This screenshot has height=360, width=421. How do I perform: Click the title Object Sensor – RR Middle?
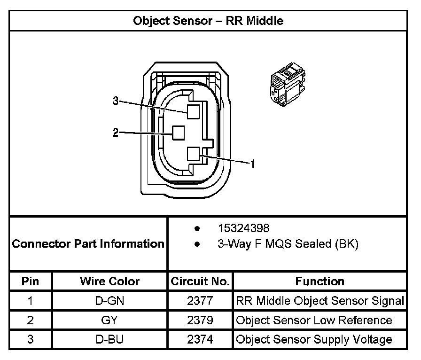pyautogui.click(x=208, y=21)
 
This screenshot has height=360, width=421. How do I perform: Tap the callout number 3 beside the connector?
pyautogui.click(x=116, y=101)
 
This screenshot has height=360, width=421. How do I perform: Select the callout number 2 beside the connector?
pyautogui.click(x=116, y=133)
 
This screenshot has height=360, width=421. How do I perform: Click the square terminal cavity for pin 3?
pyautogui.click(x=193, y=111)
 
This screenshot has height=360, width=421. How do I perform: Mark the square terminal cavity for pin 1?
pyautogui.click(x=193, y=154)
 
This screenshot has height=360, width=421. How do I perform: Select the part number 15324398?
pyautogui.click(x=243, y=228)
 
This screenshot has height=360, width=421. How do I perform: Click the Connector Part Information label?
pyautogui.click(x=88, y=244)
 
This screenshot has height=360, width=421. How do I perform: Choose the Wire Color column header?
pyautogui.click(x=109, y=282)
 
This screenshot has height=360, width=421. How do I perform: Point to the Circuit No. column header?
pyautogui.click(x=200, y=282)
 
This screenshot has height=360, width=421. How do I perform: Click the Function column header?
pyautogui.click(x=320, y=282)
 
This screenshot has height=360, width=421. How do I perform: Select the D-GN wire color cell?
pyautogui.click(x=109, y=301)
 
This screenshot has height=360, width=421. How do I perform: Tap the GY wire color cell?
pyautogui.click(x=109, y=321)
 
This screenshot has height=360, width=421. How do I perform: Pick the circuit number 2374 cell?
pyautogui.click(x=200, y=339)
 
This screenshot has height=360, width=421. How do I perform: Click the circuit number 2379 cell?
pyautogui.click(x=200, y=321)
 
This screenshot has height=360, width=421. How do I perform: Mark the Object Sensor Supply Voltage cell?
pyautogui.click(x=314, y=339)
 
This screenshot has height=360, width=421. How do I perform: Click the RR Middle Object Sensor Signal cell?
pyautogui.click(x=320, y=301)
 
